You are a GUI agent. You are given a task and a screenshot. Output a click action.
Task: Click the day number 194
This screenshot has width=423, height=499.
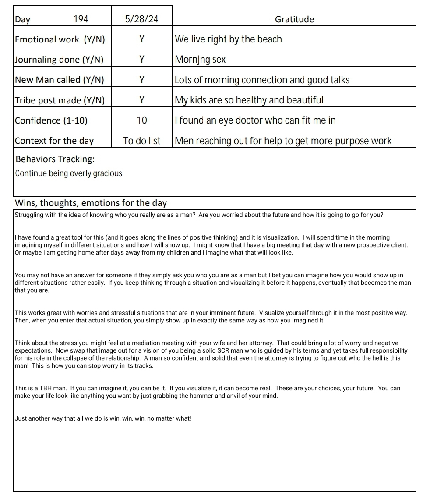[81, 19]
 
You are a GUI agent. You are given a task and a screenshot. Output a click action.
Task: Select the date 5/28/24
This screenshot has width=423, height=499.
[141, 19]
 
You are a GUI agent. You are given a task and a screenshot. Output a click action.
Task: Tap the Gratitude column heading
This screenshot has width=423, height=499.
[294, 19]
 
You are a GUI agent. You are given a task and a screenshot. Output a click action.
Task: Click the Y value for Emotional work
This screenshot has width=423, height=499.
[141, 39]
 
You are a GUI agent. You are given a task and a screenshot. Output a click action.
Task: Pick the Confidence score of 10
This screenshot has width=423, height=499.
[142, 120]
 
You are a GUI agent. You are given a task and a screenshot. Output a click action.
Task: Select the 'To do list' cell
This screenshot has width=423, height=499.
[141, 141]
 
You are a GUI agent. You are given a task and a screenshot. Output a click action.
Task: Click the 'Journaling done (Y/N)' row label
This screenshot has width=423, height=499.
[59, 60]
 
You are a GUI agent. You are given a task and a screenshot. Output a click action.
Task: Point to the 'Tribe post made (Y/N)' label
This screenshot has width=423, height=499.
[60, 100]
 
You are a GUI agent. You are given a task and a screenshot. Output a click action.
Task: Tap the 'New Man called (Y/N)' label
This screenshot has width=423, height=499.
[60, 80]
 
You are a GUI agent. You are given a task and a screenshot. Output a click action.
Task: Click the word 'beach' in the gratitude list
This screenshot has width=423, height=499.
[269, 39]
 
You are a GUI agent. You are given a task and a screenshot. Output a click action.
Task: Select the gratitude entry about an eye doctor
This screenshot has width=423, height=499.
[255, 120]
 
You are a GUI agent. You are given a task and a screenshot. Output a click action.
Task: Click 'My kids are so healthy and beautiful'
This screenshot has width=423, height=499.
[249, 100]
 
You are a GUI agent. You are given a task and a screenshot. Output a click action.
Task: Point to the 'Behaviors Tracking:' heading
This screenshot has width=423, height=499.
[55, 159]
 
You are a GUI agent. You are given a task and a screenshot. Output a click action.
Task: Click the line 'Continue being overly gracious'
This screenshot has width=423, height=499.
[68, 173]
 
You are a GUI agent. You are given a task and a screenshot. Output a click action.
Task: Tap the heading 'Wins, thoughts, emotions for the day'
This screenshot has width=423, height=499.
[91, 203]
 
